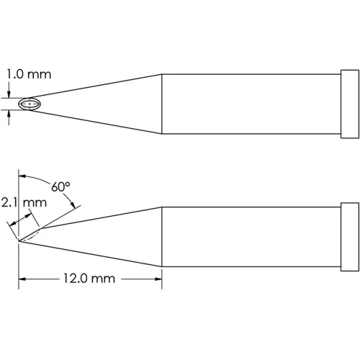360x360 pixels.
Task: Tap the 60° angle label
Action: click(61, 186)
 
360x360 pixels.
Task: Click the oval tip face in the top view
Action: click(30, 104)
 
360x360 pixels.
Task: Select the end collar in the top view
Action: click(348, 104)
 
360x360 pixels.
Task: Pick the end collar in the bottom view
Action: click(348, 240)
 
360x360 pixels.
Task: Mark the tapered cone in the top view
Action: click(108, 104)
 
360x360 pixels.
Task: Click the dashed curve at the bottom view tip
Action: click(32, 234)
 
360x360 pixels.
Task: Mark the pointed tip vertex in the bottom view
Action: click(19, 240)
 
